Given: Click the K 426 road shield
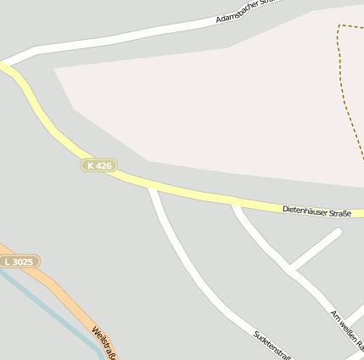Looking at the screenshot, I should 99,165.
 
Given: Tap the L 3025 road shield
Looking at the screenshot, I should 19,262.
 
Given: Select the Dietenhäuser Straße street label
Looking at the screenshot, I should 316,209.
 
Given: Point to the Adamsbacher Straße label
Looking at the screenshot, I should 246,11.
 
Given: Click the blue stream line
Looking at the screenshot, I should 51,312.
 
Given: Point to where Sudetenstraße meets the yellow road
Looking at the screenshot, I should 151,188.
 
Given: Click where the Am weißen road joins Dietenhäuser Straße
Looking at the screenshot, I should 235,203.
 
